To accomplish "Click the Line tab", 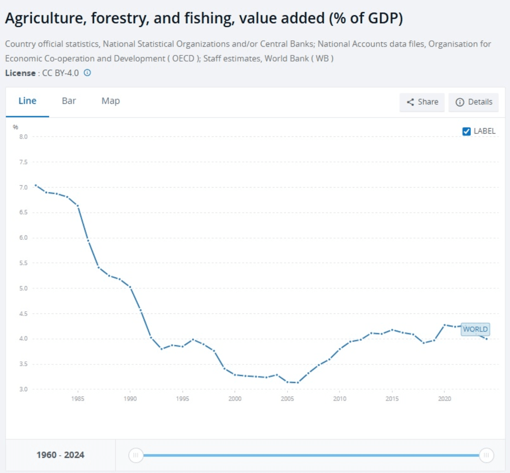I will coord(27,101).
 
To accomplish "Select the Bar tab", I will coord(69,101).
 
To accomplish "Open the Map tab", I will coord(110,101).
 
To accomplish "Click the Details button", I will coord(473,102).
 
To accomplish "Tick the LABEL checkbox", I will coord(466,131).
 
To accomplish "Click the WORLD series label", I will coord(475,329).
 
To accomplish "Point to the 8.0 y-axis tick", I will coord(23,137).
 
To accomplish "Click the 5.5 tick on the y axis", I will coord(23,263).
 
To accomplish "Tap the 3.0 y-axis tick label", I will coord(23,390).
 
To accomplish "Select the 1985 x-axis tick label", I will coord(77,399).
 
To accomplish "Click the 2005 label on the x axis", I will coord(287,399).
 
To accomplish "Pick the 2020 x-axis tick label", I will coord(444,399).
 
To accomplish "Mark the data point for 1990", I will coord(130,287).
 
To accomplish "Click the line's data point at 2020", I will coord(444,325).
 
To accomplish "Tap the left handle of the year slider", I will coord(136,455).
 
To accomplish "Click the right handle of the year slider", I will coord(486,455).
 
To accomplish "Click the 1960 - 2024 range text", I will coord(60,455).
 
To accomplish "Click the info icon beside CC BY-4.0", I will coord(87,73).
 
